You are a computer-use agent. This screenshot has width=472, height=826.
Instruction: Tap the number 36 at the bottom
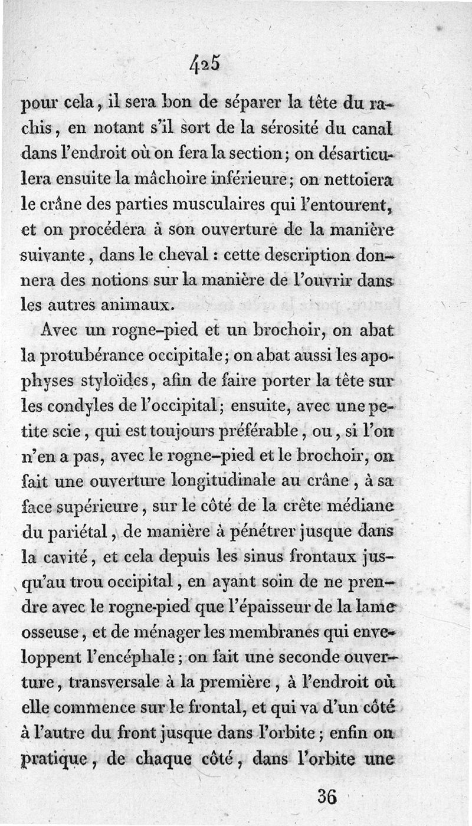pyautogui.click(x=327, y=797)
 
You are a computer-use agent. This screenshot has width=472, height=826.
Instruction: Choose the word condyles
pyautogui.click(x=81, y=407)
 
